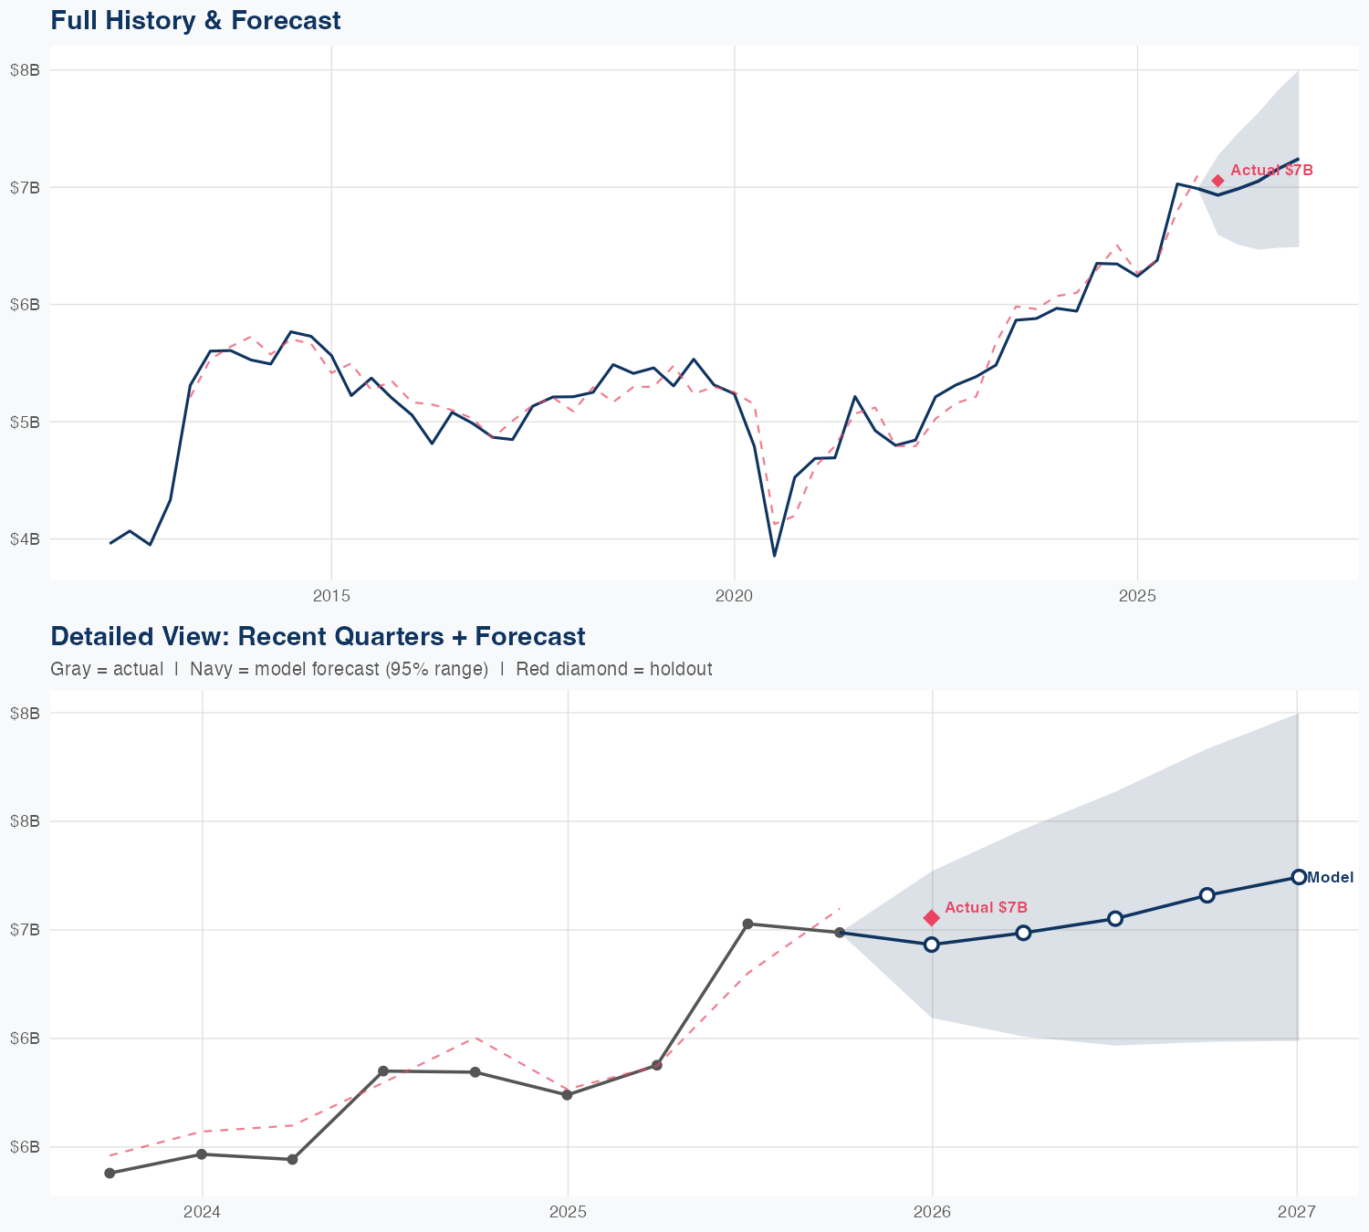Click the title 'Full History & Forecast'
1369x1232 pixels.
[x=195, y=20]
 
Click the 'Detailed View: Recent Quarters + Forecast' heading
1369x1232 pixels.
[x=318, y=636]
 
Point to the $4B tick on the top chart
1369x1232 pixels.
[x=25, y=539]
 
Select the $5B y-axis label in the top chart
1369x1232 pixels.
[x=25, y=422]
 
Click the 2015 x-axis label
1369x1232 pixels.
[x=331, y=596]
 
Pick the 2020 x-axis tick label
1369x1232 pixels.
[x=735, y=596]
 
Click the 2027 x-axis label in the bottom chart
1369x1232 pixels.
[x=1297, y=1212]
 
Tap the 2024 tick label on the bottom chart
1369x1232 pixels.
[x=202, y=1212]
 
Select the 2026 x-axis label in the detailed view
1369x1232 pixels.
[x=932, y=1212]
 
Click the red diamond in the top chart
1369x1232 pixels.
[x=1217, y=181]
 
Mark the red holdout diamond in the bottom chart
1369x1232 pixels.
[x=931, y=917]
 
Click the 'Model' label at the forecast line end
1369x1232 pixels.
[x=1330, y=878]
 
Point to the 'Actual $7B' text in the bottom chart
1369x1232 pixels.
[x=986, y=907]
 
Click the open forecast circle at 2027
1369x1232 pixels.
[x=1298, y=877]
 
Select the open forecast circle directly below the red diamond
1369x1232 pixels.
[x=931, y=945]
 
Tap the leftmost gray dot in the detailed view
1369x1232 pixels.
[x=110, y=1173]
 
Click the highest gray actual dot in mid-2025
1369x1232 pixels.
[x=747, y=924]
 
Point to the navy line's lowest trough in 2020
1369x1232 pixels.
[x=774, y=555]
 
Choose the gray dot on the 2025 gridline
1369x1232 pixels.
[x=567, y=1094]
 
